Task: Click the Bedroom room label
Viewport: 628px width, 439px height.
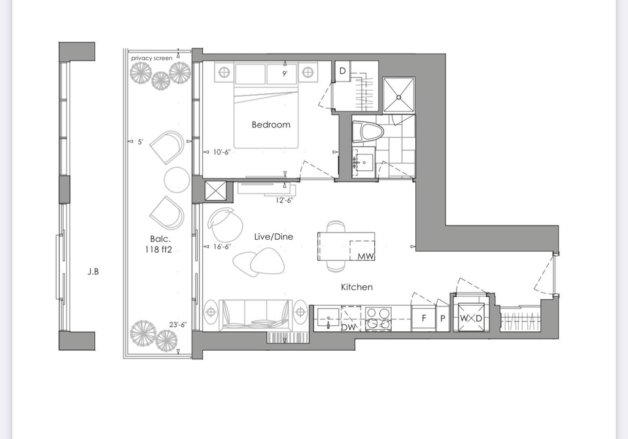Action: click(x=271, y=124)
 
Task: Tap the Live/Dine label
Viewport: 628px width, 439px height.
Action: click(x=273, y=236)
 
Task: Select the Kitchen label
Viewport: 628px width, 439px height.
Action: click(x=357, y=287)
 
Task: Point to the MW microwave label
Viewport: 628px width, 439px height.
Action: click(x=366, y=256)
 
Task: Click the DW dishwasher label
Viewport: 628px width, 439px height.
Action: click(x=349, y=327)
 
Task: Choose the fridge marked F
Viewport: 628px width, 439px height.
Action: click(x=423, y=319)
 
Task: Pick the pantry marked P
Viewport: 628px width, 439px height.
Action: click(x=443, y=319)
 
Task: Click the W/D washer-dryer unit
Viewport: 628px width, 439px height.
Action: click(x=471, y=318)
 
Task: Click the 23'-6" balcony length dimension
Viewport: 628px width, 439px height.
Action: click(x=178, y=325)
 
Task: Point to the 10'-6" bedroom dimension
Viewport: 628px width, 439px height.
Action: click(x=222, y=152)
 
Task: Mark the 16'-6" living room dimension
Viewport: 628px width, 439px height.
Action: click(x=222, y=247)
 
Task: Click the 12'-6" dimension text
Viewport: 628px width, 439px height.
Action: click(x=285, y=200)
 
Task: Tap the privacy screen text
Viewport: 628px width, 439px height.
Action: click(x=152, y=58)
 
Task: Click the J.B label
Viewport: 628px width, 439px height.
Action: click(x=93, y=272)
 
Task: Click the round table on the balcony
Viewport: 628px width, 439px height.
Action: click(x=177, y=180)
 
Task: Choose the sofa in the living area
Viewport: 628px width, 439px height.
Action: click(x=254, y=314)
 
